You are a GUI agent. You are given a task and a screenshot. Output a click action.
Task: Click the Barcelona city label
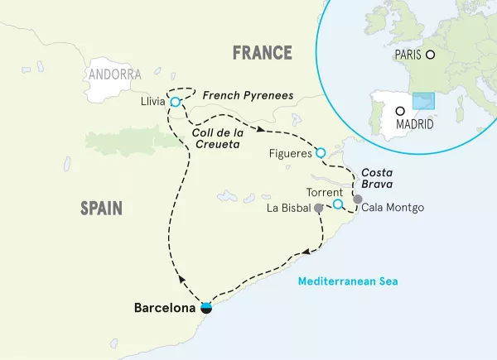pyautogui.click(x=166, y=308)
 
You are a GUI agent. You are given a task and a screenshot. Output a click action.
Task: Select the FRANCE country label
pyautogui.click(x=263, y=54)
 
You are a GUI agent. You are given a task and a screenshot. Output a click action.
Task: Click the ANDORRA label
pyautogui.click(x=113, y=74)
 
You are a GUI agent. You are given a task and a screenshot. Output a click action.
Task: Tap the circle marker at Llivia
pyautogui.click(x=175, y=103)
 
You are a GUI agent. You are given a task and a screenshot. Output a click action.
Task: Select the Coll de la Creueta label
pyautogui.click(x=216, y=137)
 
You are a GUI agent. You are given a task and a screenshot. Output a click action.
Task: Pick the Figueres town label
pyautogui.click(x=289, y=153)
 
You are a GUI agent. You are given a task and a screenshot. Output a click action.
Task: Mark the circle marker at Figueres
pyautogui.click(x=321, y=152)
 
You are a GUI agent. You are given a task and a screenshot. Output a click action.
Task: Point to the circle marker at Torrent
pyautogui.click(x=338, y=204)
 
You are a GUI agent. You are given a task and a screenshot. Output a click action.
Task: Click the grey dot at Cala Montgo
pyautogui.click(x=357, y=199)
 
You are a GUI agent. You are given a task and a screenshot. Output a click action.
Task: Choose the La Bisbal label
pyautogui.click(x=290, y=208)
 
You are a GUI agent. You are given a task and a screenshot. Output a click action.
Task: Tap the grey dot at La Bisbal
pyautogui.click(x=319, y=209)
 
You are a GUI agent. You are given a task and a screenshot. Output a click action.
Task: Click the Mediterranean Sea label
pyautogui.click(x=349, y=281)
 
